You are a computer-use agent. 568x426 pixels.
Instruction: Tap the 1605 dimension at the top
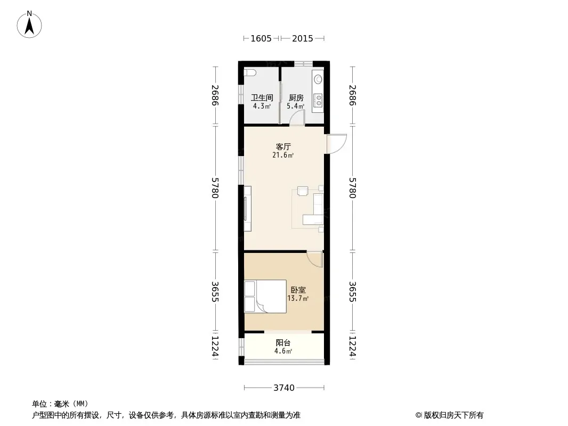coord(261,38)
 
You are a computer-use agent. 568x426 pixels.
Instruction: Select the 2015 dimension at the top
coord(303,38)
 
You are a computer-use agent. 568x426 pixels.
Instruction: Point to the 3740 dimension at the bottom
coord(284,388)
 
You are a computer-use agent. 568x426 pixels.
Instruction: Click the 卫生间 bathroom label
coord(262,98)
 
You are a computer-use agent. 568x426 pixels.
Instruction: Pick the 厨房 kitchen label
coord(296,98)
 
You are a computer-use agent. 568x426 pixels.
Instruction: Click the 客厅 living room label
coord(283,146)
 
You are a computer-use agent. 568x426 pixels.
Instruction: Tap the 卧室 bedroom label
coord(298,290)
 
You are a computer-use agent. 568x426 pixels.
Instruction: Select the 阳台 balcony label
coord(283,343)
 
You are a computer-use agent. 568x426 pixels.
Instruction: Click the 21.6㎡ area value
coord(283,155)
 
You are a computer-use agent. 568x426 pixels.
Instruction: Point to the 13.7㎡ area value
coord(298,299)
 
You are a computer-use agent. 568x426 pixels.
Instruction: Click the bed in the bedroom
coord(265,297)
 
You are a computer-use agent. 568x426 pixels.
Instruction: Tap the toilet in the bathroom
coord(250,73)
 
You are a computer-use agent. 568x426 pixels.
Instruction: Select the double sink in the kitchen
coord(318,100)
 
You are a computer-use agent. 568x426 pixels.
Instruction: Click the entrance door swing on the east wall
coord(337,144)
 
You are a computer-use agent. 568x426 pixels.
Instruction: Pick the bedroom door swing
coord(314,259)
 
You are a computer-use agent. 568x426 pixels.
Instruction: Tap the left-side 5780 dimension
coord(215,188)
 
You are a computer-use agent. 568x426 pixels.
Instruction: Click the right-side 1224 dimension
coord(352,346)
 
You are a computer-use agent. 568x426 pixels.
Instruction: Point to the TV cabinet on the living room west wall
coord(248,209)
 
